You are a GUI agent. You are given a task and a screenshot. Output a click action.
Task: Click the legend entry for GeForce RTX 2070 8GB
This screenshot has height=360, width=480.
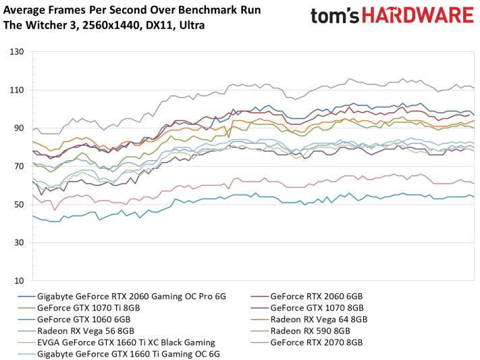point(317,342)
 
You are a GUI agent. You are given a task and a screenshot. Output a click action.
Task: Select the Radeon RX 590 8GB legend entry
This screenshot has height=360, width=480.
point(311,331)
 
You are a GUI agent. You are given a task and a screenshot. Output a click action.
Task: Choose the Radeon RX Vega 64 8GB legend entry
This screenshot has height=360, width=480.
point(319,319)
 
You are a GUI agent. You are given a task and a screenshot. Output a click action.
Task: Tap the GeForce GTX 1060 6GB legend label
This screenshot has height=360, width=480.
point(84,319)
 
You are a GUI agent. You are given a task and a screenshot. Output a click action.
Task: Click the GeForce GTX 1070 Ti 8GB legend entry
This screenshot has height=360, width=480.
point(89,308)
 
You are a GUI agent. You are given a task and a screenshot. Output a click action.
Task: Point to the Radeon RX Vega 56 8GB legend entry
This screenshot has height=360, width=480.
point(86,331)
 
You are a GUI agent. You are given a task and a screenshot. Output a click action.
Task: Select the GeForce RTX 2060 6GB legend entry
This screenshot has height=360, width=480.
point(316,297)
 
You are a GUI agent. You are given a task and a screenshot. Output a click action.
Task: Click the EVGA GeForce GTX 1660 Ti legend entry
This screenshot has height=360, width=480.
point(126,342)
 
